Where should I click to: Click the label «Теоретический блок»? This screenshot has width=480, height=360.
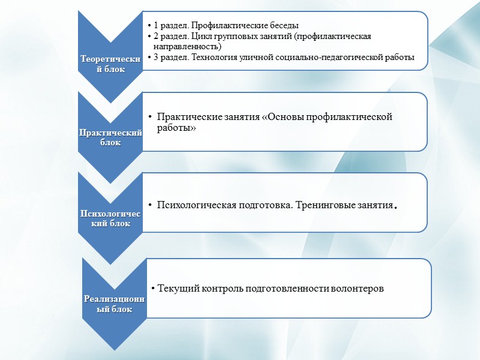112,64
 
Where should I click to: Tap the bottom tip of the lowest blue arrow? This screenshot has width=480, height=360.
114,350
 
